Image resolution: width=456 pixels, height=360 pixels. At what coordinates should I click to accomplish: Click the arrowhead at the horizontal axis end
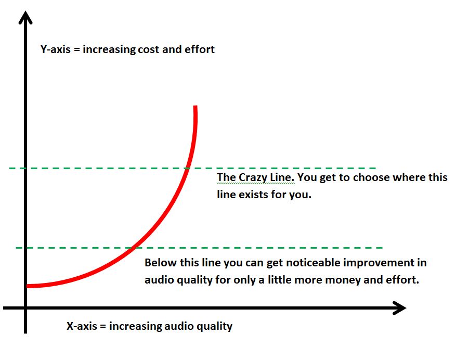point(399,308)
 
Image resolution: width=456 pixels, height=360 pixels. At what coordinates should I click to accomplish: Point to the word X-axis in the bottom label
point(81,327)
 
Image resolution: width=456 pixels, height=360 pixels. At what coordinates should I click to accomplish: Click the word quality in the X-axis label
point(214,327)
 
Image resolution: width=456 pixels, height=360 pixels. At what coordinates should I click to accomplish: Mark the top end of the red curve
point(196,107)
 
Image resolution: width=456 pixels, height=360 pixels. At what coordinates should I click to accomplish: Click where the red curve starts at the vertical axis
point(28,286)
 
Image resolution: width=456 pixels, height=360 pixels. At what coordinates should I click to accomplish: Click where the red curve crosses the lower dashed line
point(134,248)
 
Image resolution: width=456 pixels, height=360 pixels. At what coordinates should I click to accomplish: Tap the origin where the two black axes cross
point(25,308)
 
